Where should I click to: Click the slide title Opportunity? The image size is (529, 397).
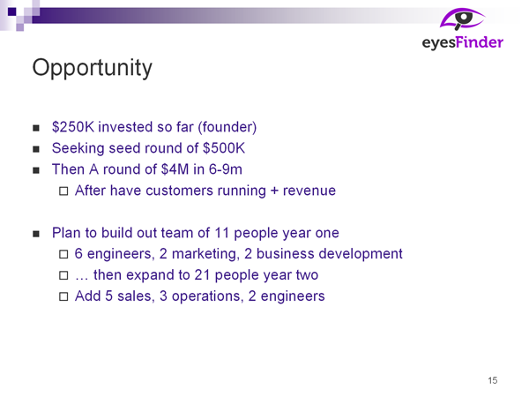[92, 69]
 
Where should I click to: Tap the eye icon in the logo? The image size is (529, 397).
[462, 19]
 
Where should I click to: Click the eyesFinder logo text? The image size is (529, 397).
[463, 43]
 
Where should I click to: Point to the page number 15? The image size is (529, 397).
[493, 380]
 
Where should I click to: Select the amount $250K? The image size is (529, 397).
[73, 127]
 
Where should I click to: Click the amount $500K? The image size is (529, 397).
[224, 148]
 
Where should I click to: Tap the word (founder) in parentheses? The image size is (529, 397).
[227, 128]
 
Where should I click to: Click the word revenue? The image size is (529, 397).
[309, 191]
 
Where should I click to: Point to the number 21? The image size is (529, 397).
[202, 275]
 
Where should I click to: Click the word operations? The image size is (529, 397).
[207, 296]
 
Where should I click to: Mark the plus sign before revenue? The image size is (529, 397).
[274, 191]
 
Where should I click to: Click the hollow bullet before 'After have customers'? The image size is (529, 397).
[63, 191]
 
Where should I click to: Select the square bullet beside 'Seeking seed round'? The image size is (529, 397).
[36, 149]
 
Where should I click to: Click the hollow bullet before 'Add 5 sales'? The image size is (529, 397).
[63, 296]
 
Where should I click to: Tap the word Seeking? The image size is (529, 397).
[78, 148]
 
